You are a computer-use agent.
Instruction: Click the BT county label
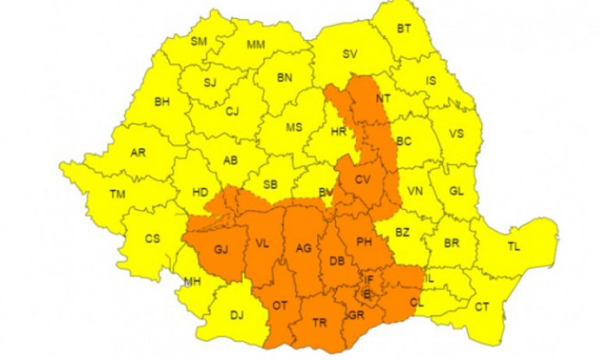404,30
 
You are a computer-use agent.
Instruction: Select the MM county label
255,45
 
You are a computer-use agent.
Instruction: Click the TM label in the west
119,194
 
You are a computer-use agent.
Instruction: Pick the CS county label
152,239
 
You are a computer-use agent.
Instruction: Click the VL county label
262,244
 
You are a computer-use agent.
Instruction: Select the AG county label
304,249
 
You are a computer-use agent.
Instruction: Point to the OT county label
280,306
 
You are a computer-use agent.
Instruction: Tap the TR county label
319,322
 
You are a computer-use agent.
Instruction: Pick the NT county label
383,99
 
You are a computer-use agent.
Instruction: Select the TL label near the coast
513,247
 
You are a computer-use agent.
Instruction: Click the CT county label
482,307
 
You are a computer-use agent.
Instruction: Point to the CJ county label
231,112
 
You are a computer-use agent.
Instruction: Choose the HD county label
199,192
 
